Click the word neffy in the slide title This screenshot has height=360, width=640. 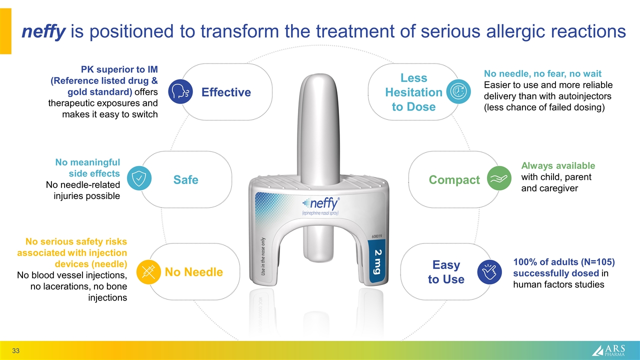(x=43, y=31)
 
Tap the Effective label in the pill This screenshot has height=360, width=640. (x=226, y=92)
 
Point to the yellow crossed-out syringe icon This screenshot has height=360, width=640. (x=148, y=271)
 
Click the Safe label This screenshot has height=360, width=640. (x=185, y=179)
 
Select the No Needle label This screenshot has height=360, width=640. (x=194, y=272)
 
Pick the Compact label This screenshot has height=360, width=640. (x=454, y=179)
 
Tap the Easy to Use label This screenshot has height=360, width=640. (x=446, y=271)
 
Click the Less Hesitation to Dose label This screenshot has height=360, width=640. (x=413, y=92)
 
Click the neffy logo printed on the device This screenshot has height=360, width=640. (x=321, y=204)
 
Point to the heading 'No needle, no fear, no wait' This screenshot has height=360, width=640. (x=542, y=74)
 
